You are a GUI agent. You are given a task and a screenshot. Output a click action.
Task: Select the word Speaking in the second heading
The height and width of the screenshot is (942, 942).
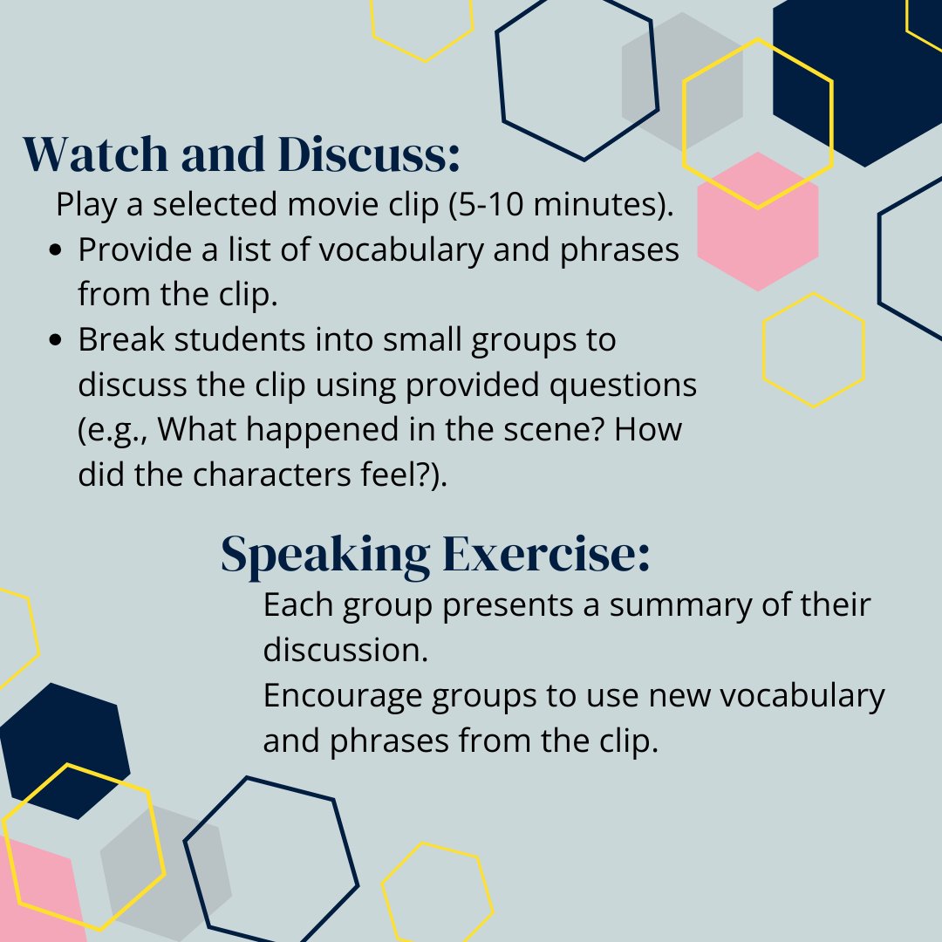[325, 555]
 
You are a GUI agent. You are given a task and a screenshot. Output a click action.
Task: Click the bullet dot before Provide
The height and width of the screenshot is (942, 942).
[58, 251]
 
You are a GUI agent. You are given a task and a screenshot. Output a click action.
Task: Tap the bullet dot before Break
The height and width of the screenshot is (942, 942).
[58, 341]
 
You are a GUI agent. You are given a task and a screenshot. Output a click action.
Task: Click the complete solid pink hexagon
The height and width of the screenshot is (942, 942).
[758, 222]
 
